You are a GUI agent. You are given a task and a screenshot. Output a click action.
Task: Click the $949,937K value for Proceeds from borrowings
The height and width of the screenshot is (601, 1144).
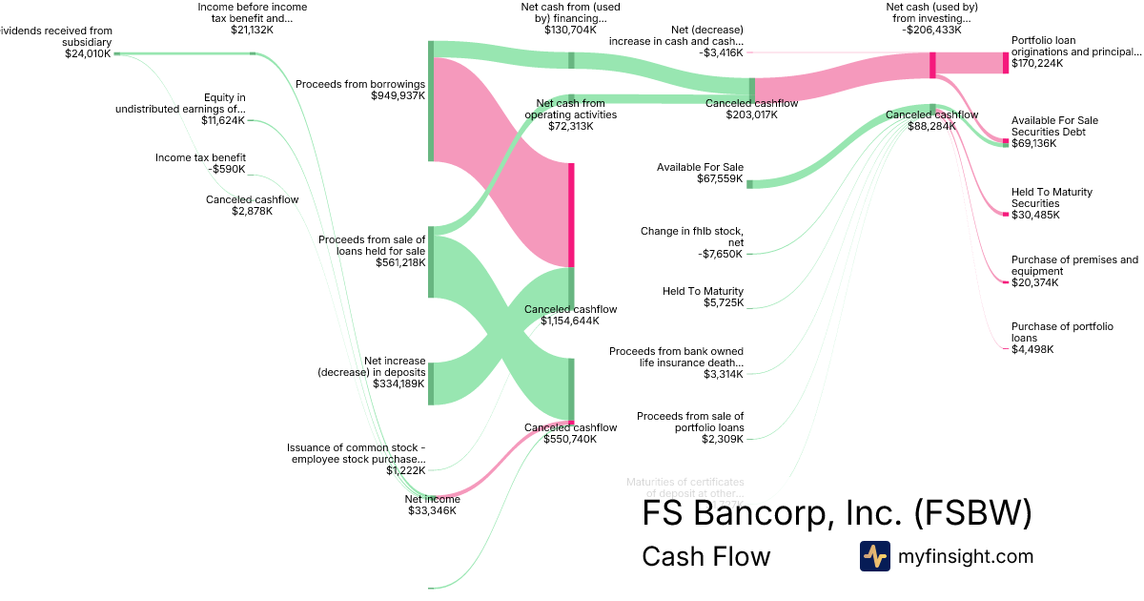tap(398, 95)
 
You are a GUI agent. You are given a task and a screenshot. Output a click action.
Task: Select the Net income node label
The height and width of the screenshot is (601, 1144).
tap(432, 499)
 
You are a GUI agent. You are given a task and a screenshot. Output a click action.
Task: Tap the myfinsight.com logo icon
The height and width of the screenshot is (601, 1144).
tap(874, 556)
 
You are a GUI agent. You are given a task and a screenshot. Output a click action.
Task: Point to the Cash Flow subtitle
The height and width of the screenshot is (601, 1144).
tap(705, 556)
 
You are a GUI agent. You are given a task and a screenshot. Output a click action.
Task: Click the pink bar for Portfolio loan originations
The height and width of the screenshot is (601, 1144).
tap(1005, 63)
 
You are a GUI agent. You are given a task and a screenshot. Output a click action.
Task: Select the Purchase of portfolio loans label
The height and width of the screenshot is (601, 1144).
tap(1061, 332)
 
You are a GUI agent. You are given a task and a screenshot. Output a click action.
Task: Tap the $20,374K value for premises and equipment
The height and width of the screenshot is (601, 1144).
tap(1035, 282)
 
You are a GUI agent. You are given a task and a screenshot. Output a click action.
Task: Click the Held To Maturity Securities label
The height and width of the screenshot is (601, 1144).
tap(1052, 197)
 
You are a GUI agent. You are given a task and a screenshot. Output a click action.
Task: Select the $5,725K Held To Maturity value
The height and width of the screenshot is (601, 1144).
tap(724, 302)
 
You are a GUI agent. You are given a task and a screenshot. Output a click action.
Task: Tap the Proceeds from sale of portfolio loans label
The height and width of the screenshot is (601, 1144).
tap(690, 422)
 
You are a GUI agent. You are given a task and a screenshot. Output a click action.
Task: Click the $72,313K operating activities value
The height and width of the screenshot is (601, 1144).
tap(570, 125)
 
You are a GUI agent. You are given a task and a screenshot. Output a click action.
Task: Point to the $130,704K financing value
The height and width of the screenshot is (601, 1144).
tap(571, 30)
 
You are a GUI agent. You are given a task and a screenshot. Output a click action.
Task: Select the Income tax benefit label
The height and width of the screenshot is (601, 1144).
tap(200, 157)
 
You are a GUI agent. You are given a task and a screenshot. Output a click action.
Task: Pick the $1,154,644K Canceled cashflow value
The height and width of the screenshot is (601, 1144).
tap(570, 321)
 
